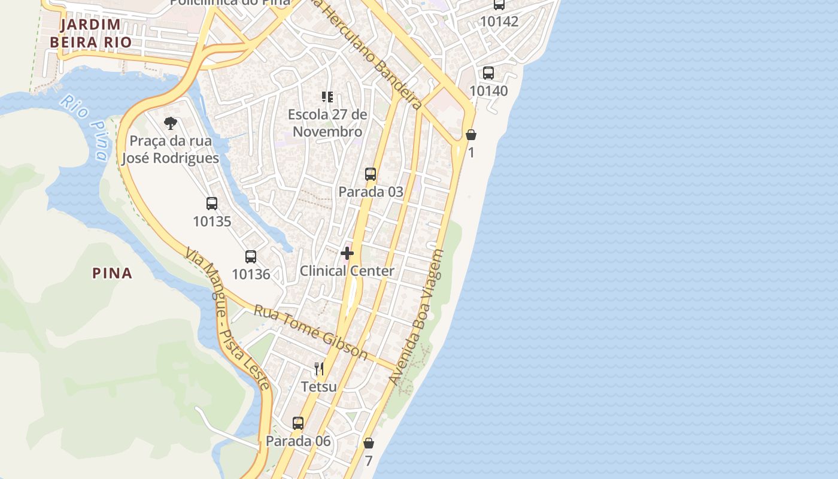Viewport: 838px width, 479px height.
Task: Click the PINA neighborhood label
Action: [x=112, y=274]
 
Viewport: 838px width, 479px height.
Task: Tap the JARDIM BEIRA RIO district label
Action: [x=90, y=34]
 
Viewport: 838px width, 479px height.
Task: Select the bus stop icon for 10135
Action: [x=212, y=204]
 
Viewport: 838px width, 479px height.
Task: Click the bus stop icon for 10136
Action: [x=251, y=257]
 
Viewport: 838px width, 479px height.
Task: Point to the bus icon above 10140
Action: [x=488, y=73]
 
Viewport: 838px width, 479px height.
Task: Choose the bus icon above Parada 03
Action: [x=371, y=174]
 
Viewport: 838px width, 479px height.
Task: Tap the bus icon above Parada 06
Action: [x=298, y=423]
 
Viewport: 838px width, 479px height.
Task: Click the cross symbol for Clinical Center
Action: [x=347, y=253]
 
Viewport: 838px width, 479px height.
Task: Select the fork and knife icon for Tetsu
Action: [x=319, y=368]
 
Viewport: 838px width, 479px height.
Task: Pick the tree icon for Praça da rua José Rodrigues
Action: [x=171, y=124]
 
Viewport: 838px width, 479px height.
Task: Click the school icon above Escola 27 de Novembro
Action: [x=327, y=96]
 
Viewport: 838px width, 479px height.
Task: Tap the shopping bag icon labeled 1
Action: [x=471, y=135]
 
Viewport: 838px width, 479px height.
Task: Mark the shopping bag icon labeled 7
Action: [x=369, y=444]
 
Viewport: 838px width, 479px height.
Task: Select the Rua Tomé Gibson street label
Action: [x=311, y=332]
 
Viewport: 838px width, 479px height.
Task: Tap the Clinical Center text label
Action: [x=347, y=271]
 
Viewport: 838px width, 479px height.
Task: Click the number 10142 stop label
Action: [x=499, y=22]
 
